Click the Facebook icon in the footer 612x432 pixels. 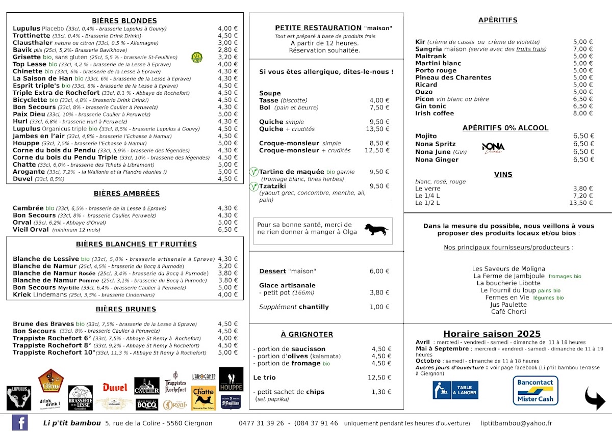(20, 423)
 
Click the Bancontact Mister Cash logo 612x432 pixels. (535, 391)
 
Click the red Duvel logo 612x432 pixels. (115, 388)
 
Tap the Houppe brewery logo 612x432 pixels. (231, 380)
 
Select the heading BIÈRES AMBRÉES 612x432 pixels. (126, 194)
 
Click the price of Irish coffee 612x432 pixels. (583, 114)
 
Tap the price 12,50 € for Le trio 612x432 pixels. (379, 377)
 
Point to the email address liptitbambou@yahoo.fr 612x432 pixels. (516, 423)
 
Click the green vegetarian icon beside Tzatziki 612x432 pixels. (253, 187)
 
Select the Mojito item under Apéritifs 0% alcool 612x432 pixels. (426, 136)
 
